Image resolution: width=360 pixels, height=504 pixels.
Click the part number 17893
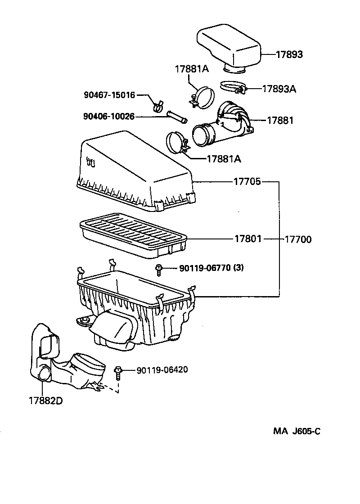289,54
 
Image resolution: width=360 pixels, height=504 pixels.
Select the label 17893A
279,89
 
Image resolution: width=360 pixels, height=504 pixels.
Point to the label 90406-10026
109,117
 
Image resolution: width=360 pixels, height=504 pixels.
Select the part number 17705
247,182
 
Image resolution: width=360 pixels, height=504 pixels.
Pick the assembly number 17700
298,239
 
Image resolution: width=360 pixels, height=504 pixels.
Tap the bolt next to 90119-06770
159,269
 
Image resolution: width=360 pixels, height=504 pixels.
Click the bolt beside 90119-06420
118,373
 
